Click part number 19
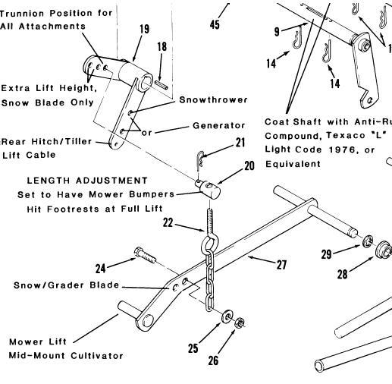[x=144, y=30]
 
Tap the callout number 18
[x=161, y=46]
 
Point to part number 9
[x=277, y=32]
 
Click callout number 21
[x=240, y=142]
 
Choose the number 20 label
[x=249, y=166]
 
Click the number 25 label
[x=195, y=348]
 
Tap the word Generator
[x=218, y=125]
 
